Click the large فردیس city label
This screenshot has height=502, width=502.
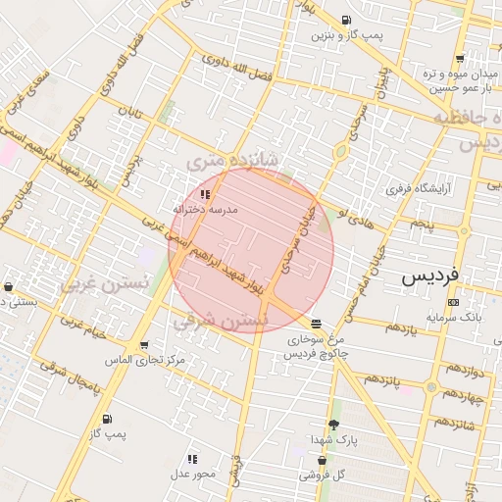[x=429, y=277]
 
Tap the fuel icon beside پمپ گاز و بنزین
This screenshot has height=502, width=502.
[x=345, y=21]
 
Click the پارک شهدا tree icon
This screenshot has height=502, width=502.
[x=333, y=425]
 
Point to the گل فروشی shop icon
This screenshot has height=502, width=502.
[x=321, y=460]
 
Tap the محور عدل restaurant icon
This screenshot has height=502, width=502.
[x=192, y=459]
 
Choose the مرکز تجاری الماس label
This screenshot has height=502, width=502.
[x=146, y=361]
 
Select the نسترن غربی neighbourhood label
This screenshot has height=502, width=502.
[x=104, y=283]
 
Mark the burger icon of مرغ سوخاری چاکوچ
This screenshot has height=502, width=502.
[x=315, y=324]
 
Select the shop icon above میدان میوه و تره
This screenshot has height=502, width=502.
[x=459, y=58]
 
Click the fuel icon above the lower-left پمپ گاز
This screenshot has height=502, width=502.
[x=106, y=419]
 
